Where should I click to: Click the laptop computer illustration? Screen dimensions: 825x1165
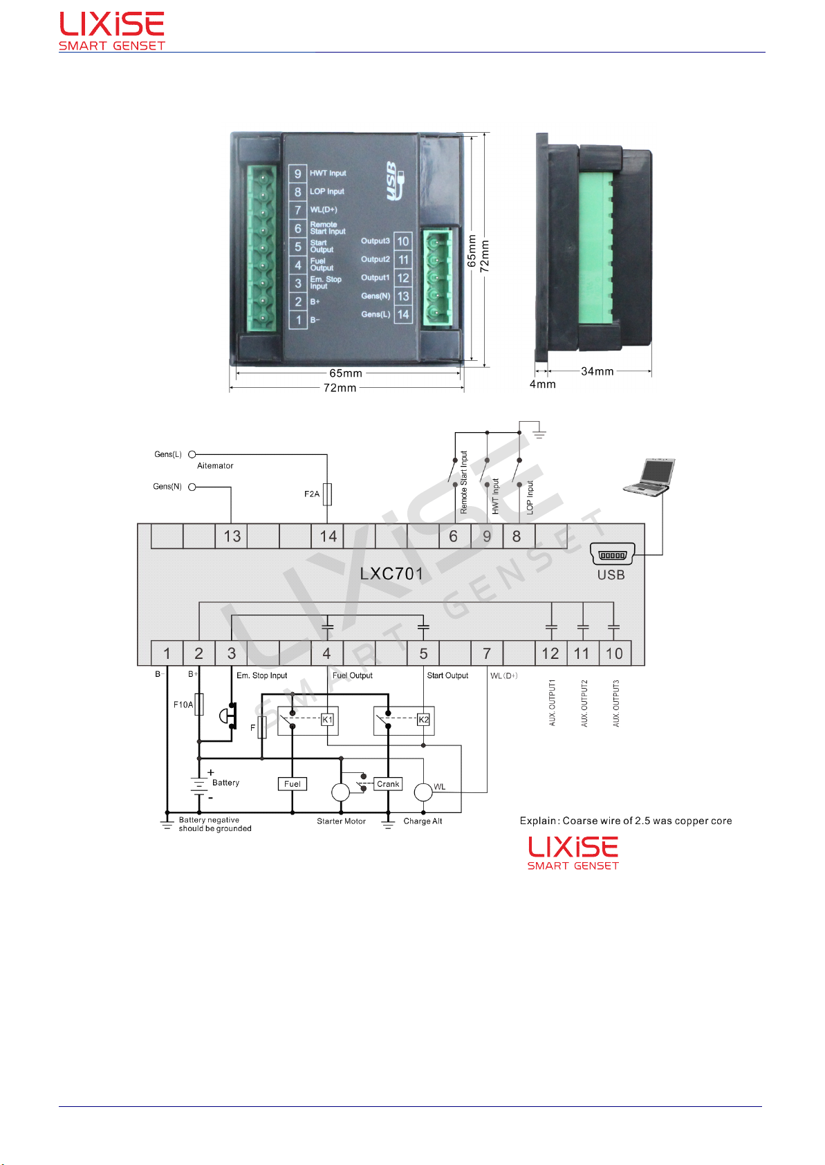pyautogui.click(x=649, y=477)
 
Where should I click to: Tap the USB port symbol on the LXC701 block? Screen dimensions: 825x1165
pyautogui.click(x=612, y=554)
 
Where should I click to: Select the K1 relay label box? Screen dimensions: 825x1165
pyautogui.click(x=327, y=719)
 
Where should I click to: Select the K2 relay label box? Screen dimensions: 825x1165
pyautogui.click(x=423, y=719)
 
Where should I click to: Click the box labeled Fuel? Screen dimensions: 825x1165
pyautogui.click(x=293, y=784)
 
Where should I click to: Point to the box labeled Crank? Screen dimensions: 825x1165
pyautogui.click(x=388, y=784)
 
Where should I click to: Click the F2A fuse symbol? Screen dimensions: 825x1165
pyautogui.click(x=327, y=494)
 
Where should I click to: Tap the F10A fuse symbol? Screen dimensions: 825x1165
pyautogui.click(x=198, y=705)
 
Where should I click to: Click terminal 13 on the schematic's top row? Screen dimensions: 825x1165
pyautogui.click(x=232, y=537)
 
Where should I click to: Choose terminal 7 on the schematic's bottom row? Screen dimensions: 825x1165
pyautogui.click(x=487, y=653)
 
